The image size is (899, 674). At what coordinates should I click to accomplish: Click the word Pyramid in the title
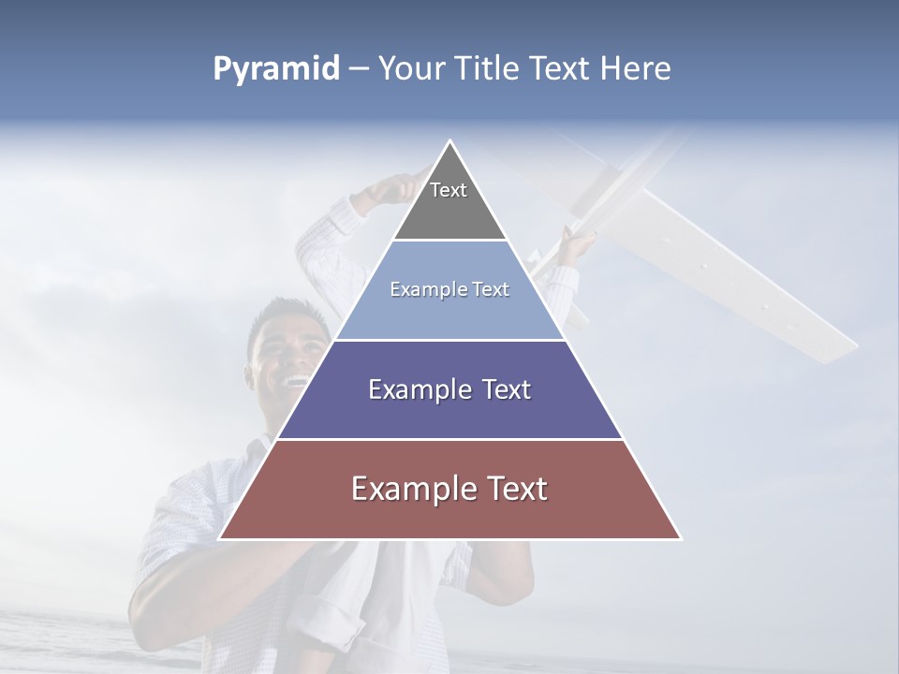point(276,69)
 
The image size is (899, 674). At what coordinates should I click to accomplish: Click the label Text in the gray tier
point(449,190)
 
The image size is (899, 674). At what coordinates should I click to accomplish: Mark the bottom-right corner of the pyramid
point(680,538)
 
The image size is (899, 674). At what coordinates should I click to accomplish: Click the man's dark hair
point(281,314)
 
